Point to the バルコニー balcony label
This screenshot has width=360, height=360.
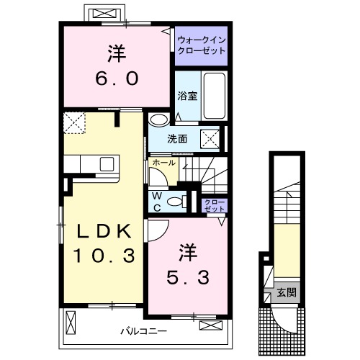144,332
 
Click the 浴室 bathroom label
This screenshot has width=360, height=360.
187,96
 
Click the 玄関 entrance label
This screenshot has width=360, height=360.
286,292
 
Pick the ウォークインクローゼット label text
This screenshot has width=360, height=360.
202,45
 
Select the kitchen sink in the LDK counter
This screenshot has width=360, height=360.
108,163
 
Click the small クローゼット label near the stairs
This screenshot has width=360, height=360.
212,205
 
